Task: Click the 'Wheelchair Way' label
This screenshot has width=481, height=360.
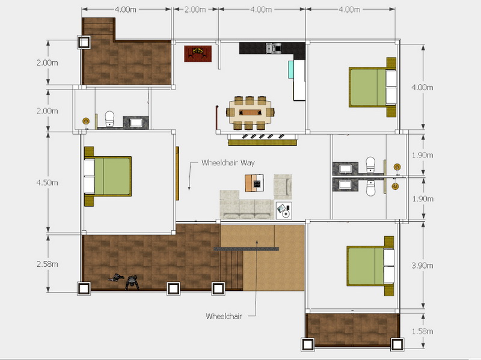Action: [228, 162]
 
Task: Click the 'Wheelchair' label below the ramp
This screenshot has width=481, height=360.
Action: [224, 316]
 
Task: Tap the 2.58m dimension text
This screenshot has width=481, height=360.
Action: [47, 264]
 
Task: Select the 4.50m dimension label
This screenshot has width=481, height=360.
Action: [47, 183]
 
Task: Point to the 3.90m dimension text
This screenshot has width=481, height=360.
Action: [423, 265]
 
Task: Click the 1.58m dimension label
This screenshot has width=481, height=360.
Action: [423, 331]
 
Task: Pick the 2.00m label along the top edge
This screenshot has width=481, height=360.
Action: [195, 10]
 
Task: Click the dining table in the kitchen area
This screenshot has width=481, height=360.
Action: [250, 112]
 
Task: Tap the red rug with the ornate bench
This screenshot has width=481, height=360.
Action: [198, 53]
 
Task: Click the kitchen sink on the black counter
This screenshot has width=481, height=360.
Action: [274, 48]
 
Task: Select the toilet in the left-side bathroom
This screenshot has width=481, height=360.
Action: [109, 118]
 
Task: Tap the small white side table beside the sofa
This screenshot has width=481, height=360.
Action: [284, 210]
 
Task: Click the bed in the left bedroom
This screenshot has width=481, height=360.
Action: [108, 176]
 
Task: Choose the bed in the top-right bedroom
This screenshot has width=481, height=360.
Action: [372, 87]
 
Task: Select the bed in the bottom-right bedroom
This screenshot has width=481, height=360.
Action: [370, 266]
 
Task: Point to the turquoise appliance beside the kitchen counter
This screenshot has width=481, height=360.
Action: [291, 69]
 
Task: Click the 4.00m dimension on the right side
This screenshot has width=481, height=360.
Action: [423, 87]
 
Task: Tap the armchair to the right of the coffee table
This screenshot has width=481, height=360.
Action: [283, 187]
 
